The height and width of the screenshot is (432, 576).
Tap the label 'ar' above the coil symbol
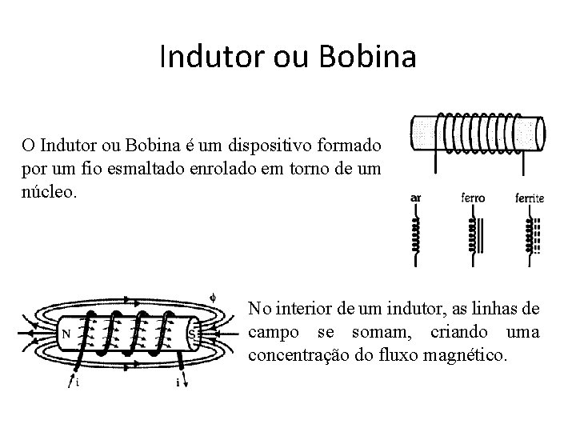click(416, 198)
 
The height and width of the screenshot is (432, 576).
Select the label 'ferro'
click(473, 198)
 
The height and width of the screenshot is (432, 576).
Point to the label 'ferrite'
click(530, 198)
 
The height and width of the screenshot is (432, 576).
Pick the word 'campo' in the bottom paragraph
click(274, 331)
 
